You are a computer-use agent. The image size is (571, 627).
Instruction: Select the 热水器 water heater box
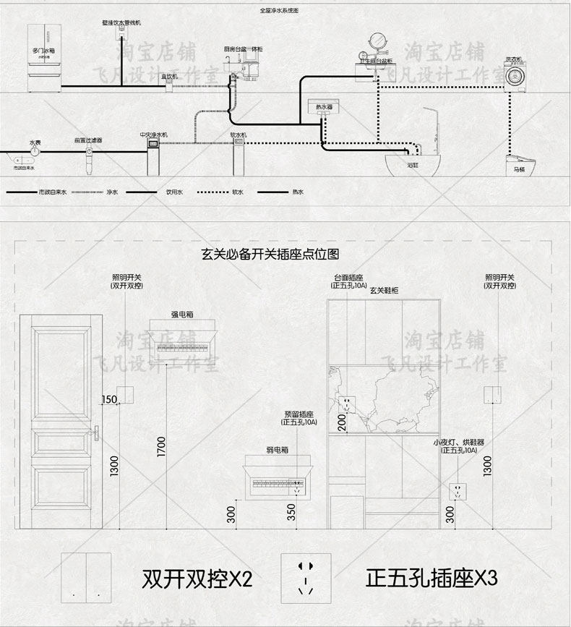pyautogui.click(x=324, y=107)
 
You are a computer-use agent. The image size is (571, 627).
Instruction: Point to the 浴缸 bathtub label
pyautogui.click(x=413, y=165)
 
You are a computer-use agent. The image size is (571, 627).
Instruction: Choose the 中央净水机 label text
pyautogui.click(x=153, y=135)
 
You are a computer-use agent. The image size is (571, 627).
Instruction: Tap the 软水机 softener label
pyautogui.click(x=239, y=135)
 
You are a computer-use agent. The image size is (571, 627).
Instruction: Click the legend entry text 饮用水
pyautogui.click(x=175, y=192)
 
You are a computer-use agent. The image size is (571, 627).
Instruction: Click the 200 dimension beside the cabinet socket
pyautogui.click(x=342, y=422)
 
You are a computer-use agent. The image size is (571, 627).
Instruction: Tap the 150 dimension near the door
pyautogui.click(x=109, y=400)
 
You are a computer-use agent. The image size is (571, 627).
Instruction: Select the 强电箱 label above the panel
pyautogui.click(x=181, y=315)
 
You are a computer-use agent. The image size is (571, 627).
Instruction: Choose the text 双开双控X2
pyautogui.click(x=197, y=579)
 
